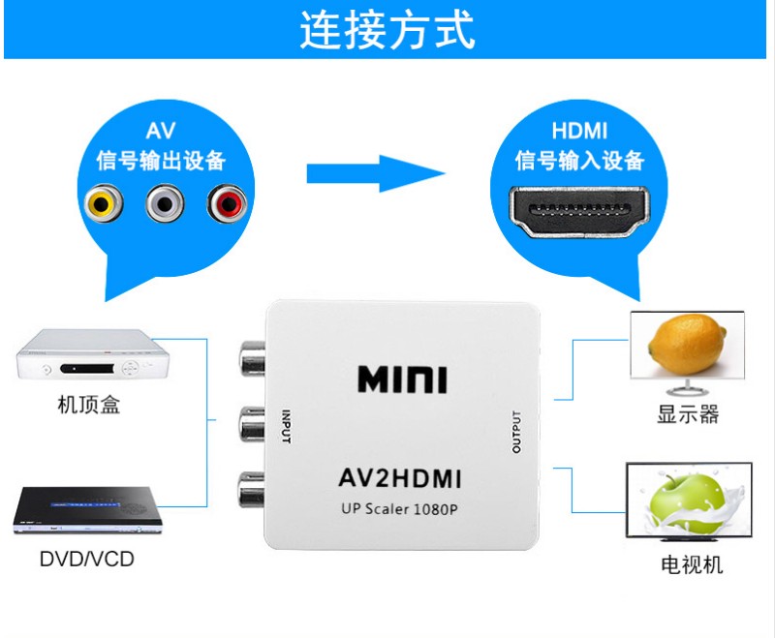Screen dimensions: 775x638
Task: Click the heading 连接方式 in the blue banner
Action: [x=387, y=30]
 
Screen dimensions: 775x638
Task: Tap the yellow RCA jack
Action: [x=104, y=203]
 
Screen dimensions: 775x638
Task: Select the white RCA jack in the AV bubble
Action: [x=165, y=203]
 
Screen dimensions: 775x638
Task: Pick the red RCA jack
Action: [x=227, y=203]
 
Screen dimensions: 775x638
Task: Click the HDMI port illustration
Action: [x=579, y=212]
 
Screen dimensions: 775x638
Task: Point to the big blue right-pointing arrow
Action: [x=376, y=173]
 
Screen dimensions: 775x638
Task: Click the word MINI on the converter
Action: [x=402, y=380]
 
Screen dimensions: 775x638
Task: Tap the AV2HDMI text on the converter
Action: [x=400, y=478]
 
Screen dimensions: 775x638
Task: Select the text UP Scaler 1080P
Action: [x=399, y=508]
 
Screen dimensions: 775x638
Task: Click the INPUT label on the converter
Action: [x=286, y=426]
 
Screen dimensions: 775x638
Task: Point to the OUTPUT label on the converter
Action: [x=516, y=432]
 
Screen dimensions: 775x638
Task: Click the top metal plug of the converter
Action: [x=252, y=359]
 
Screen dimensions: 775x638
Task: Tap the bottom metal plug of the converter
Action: [x=251, y=490]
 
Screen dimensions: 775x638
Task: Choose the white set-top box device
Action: [x=92, y=354]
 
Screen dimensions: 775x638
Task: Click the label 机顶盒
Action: [x=89, y=405]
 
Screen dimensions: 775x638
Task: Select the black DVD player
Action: [x=86, y=510]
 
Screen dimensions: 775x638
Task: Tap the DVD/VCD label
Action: [x=87, y=559]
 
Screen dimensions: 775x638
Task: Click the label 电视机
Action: [x=692, y=564]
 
